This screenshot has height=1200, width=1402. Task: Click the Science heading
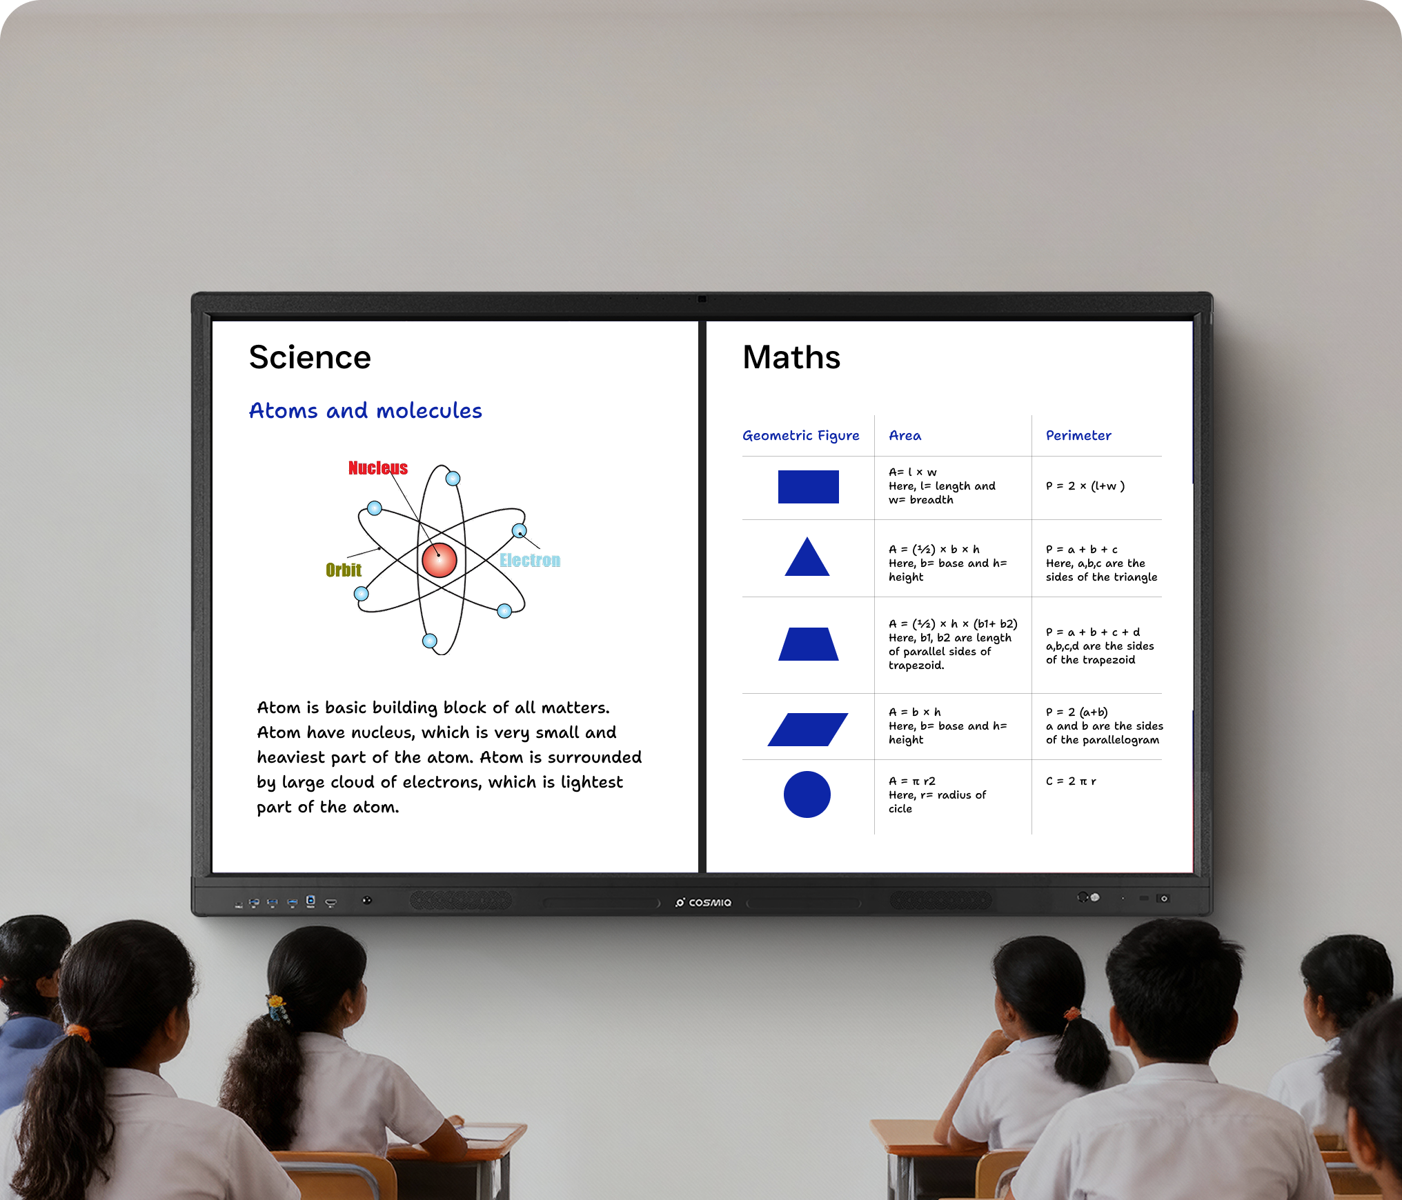click(x=310, y=357)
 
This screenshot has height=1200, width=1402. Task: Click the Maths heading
click(x=791, y=357)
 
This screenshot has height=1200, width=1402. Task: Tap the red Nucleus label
click(x=378, y=468)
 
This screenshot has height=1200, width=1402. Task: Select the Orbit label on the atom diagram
click(x=344, y=570)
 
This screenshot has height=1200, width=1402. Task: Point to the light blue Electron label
click(x=530, y=560)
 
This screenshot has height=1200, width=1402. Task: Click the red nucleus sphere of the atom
click(x=440, y=560)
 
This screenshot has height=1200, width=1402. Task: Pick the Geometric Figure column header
click(x=801, y=436)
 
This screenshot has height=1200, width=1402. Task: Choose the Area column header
click(x=905, y=436)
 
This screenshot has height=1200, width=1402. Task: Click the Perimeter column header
click(x=1078, y=435)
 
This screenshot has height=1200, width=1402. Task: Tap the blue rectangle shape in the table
click(x=808, y=487)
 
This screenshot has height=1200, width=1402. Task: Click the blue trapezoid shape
click(x=808, y=644)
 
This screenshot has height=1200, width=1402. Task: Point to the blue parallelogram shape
click(x=808, y=730)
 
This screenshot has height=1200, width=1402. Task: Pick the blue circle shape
click(x=807, y=794)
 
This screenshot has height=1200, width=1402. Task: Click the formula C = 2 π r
click(x=1071, y=781)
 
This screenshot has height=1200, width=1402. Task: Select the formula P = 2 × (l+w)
click(x=1085, y=486)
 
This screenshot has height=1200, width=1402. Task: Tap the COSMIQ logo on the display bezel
click(x=703, y=902)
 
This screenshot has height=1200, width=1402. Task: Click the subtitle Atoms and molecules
click(x=366, y=410)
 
